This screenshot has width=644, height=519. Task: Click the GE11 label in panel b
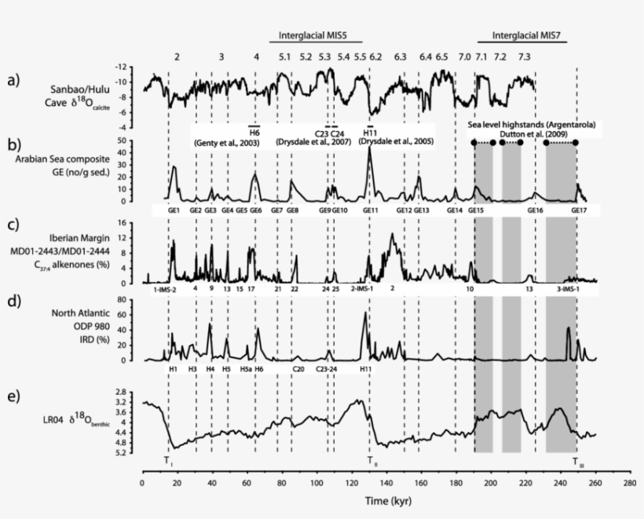click(371, 211)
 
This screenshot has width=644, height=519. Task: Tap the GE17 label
click(579, 211)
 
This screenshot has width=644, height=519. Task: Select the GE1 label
click(174, 211)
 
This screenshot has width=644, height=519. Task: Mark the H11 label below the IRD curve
click(366, 369)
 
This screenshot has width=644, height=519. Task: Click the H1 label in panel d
click(173, 369)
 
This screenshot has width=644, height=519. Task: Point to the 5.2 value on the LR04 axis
click(120, 453)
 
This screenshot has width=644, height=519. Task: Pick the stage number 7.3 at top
click(524, 57)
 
